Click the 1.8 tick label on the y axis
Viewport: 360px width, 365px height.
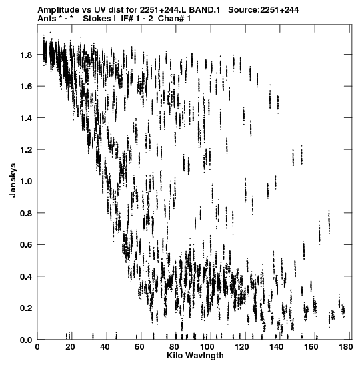point(26,55)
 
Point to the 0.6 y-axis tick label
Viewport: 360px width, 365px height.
point(26,245)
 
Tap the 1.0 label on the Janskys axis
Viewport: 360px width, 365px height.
point(26,181)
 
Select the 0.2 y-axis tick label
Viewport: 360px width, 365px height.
point(26,308)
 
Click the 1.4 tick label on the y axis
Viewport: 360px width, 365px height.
point(26,119)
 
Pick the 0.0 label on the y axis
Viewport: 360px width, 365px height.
point(26,340)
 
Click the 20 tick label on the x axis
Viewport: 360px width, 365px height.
point(70,347)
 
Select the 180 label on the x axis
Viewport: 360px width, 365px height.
point(346,347)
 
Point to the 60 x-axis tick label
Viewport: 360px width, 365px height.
point(139,347)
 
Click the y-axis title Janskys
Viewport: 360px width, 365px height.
point(13,180)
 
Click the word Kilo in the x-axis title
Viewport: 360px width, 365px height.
point(173,356)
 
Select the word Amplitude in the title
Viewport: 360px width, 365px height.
point(59,10)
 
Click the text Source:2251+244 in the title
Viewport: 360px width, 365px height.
point(263,10)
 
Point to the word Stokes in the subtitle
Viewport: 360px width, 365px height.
point(97,19)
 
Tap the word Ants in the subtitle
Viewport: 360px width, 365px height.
point(47,19)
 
